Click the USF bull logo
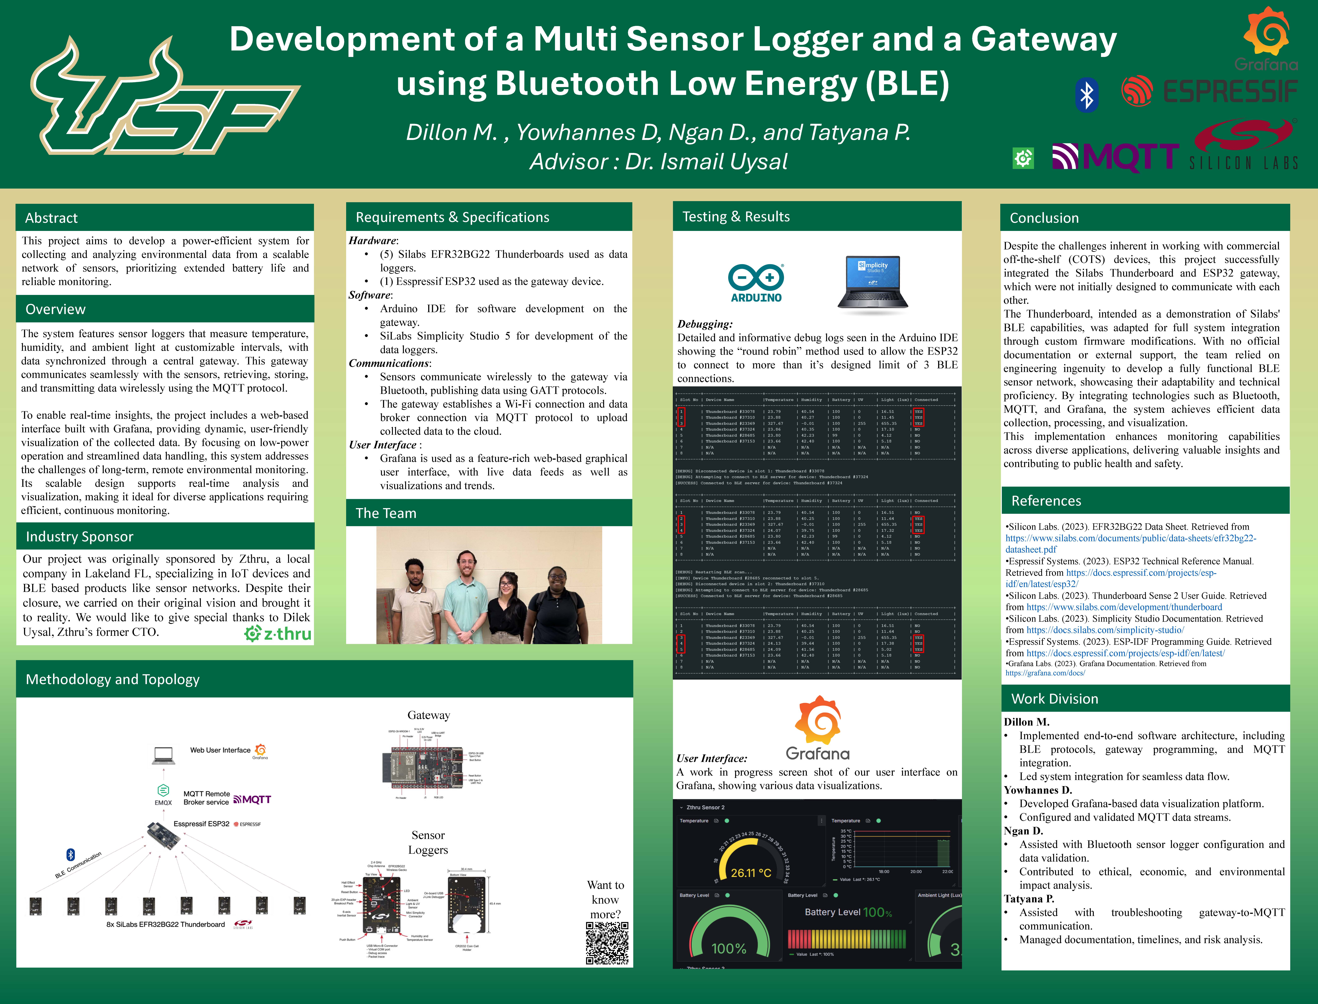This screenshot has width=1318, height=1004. click(x=164, y=96)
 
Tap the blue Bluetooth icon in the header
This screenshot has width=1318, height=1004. click(x=1087, y=94)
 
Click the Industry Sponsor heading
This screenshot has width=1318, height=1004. click(x=80, y=537)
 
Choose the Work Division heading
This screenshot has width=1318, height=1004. click(x=1054, y=699)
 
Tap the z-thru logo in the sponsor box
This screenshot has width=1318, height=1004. click(x=278, y=633)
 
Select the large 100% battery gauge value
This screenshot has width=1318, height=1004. click(x=729, y=948)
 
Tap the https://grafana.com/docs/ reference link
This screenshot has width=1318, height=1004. click(x=1045, y=673)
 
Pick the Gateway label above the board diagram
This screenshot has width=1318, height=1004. click(x=429, y=715)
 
